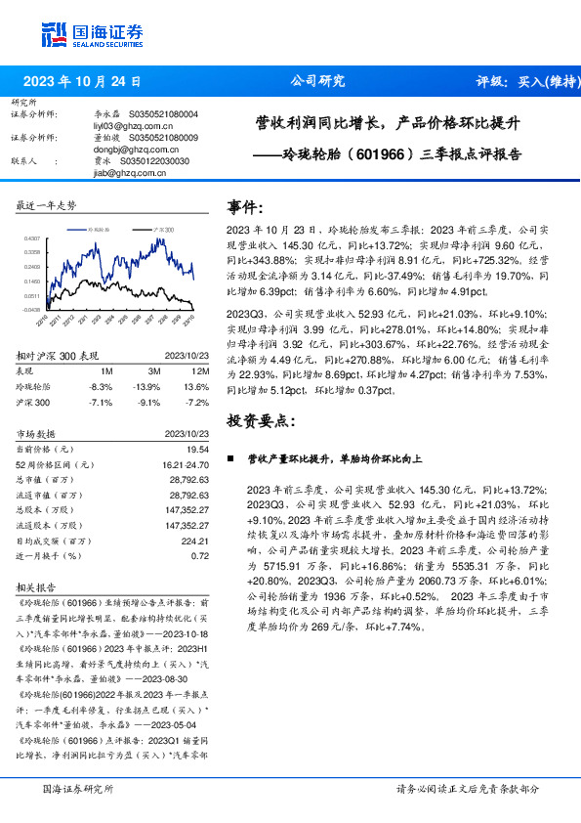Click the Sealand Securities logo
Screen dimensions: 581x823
(90, 34)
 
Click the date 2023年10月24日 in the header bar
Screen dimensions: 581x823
(81, 82)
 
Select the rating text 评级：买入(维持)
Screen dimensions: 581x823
(526, 82)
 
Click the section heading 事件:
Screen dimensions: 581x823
(245, 207)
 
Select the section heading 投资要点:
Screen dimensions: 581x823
(258, 420)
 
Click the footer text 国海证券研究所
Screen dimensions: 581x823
(78, 788)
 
